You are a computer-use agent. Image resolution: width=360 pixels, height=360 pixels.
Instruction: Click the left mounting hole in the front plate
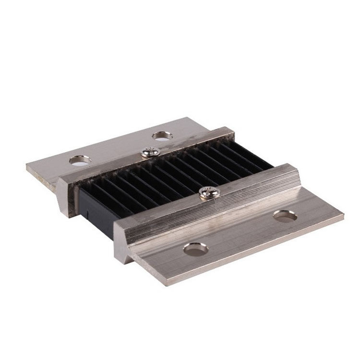tap(196, 249)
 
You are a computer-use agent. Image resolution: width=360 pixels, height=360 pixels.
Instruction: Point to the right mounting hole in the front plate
tap(285, 216)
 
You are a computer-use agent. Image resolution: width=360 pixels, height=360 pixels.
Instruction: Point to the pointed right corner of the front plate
tap(342, 216)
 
